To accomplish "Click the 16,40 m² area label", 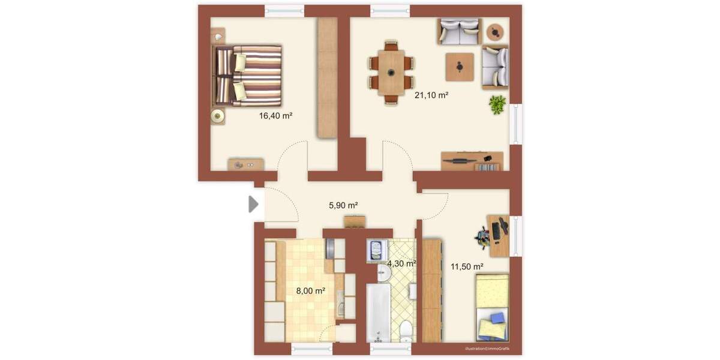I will point(275,116).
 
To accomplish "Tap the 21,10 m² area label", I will point(432,95).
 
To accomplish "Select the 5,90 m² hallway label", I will point(344,205).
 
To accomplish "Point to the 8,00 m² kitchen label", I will point(311,291).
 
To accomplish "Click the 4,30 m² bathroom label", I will point(401,263).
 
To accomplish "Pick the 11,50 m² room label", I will point(467,266).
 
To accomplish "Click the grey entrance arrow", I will point(254,205).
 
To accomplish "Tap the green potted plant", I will point(497,104).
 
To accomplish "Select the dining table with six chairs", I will point(391,73).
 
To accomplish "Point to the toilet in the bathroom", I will point(406,329).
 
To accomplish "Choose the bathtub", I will point(379,313).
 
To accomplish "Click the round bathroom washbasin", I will point(384,274).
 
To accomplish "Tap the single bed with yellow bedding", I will point(492,306).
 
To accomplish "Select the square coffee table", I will point(460,67).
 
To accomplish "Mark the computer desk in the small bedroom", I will point(497,235).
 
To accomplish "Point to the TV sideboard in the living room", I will point(472,161).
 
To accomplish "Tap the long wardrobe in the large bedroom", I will point(327,78).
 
